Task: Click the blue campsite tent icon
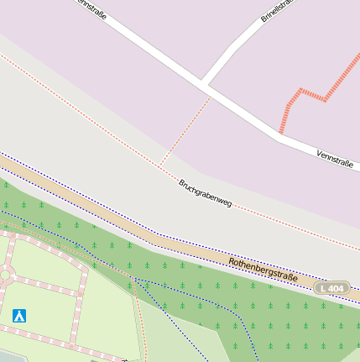click(x=19, y=316)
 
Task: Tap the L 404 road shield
click(x=332, y=288)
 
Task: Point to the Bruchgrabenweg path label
click(x=205, y=193)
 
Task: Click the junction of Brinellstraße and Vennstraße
click(x=204, y=82)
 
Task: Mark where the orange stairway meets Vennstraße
click(x=281, y=133)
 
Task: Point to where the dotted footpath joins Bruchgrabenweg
click(x=160, y=165)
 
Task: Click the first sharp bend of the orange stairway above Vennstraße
click(x=299, y=90)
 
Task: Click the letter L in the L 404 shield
click(x=323, y=288)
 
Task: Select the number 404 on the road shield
click(x=337, y=288)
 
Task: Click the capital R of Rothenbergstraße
click(x=232, y=262)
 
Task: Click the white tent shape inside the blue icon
click(x=19, y=316)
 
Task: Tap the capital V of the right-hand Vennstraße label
click(x=319, y=153)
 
